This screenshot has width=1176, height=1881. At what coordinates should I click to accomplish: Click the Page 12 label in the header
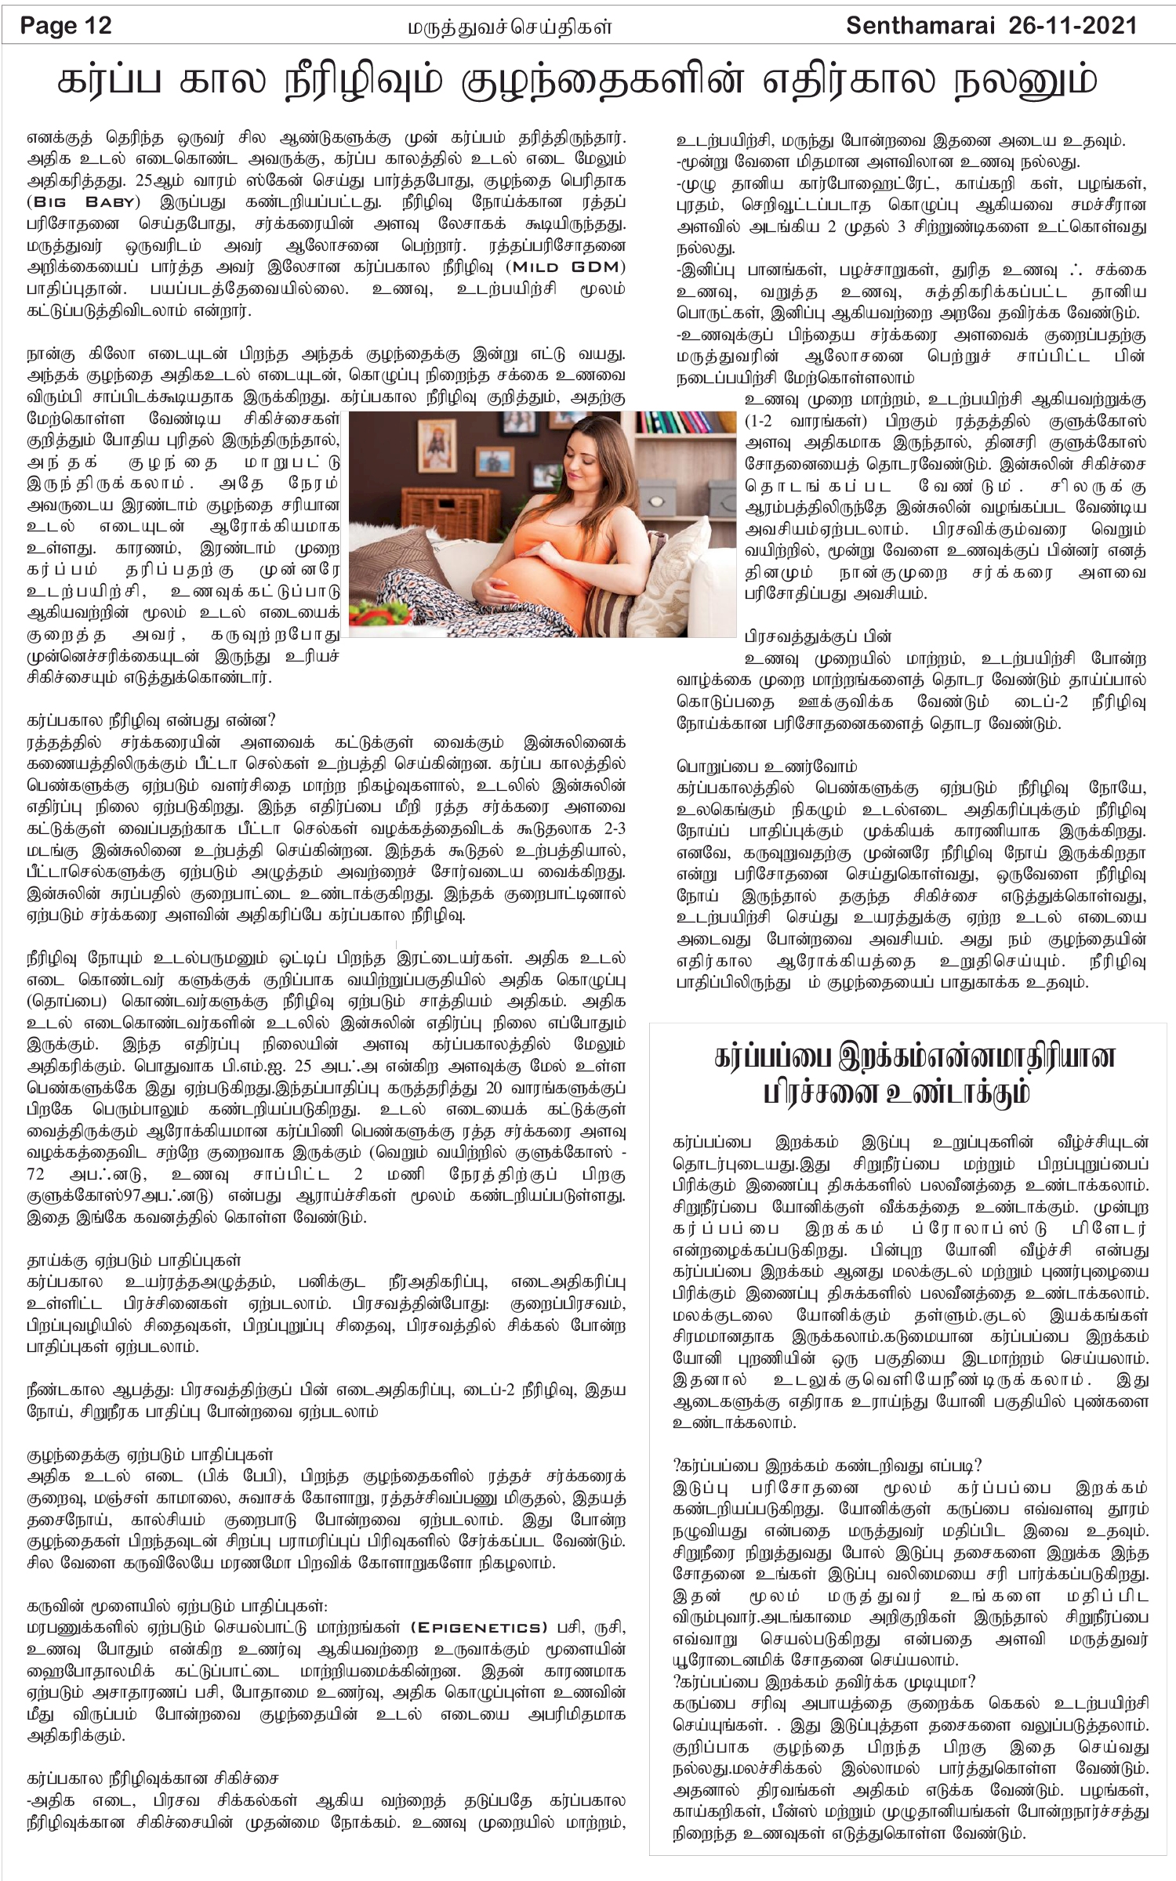pos(66,26)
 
